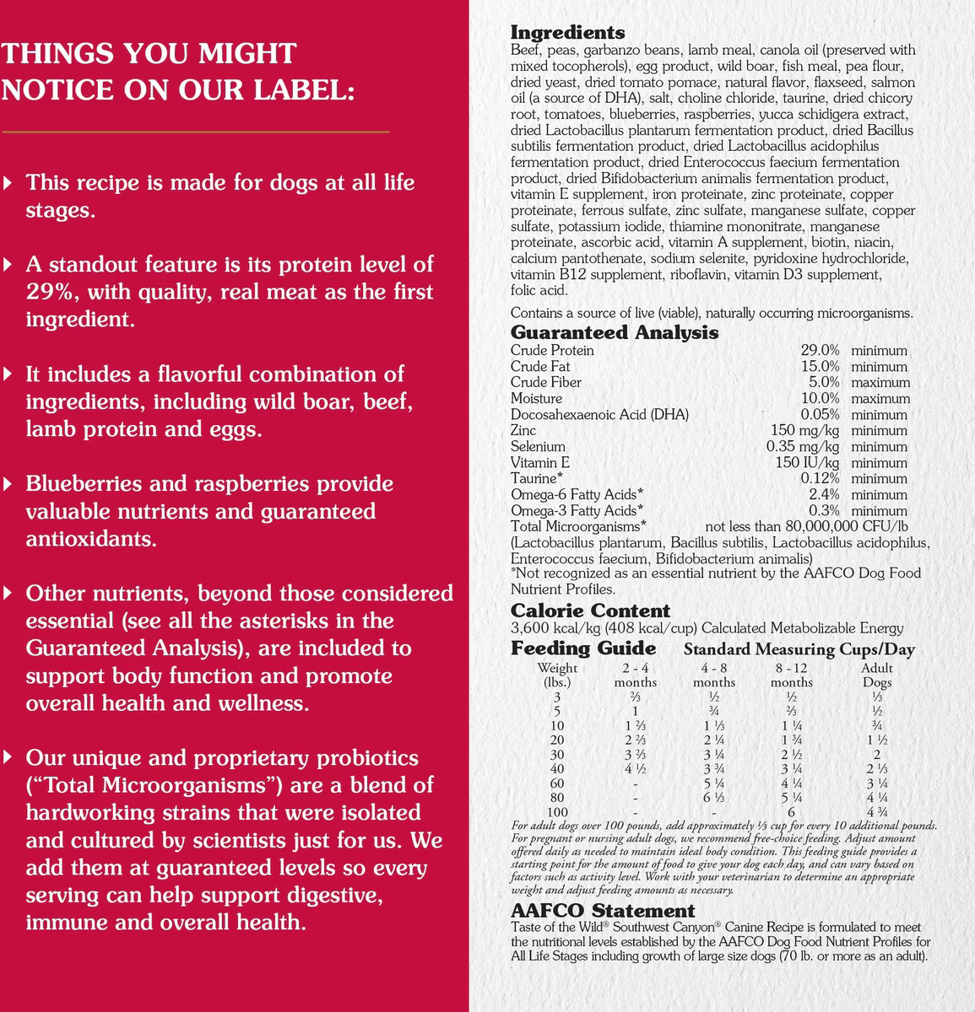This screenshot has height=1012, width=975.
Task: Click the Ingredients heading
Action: tap(568, 33)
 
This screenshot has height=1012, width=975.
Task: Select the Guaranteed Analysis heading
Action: tap(615, 332)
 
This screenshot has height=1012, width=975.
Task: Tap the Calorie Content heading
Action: tap(590, 611)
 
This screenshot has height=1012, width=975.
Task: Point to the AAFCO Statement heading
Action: tap(603, 911)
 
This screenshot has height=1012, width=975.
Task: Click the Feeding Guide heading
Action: tap(583, 648)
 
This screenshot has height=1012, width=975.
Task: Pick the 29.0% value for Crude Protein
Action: tap(820, 350)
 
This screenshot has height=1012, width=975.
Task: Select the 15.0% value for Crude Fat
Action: tap(820, 366)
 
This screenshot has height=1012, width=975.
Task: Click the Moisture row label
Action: tap(536, 398)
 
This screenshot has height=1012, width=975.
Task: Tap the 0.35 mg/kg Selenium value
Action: tap(802, 446)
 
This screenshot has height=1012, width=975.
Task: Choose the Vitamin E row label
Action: tap(540, 462)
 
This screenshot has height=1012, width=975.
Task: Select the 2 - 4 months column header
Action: tap(635, 675)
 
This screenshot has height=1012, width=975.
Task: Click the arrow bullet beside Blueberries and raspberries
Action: tap(8, 484)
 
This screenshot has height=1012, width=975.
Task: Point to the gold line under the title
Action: tap(196, 132)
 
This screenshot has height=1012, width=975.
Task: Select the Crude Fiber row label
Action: tap(545, 382)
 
